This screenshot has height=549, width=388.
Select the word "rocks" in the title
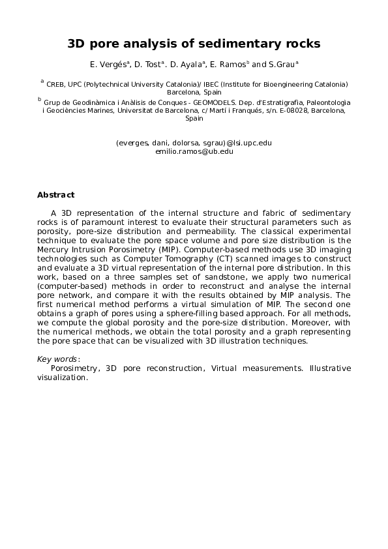299,44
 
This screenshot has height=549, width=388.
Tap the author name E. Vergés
109,65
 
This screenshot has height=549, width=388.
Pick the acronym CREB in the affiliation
56,84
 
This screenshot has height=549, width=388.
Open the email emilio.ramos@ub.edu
194,151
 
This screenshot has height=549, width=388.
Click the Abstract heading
55,195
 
